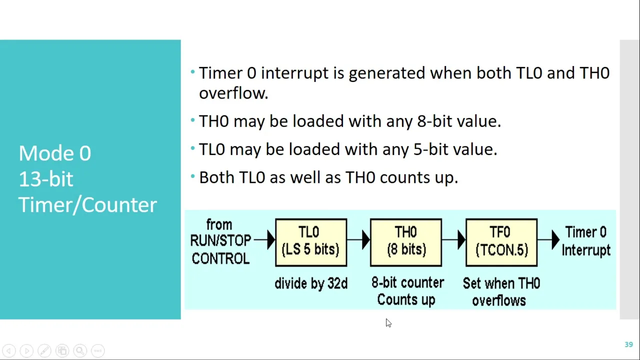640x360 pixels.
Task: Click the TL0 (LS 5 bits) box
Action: click(311, 242)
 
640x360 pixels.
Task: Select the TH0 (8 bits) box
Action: click(406, 242)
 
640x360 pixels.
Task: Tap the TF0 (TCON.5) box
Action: click(501, 242)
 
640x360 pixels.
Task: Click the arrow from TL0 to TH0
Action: click(358, 239)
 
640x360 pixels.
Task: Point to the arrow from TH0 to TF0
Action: click(453, 239)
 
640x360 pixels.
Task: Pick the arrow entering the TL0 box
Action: click(264, 239)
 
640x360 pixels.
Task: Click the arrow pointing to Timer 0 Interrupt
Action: click(548, 239)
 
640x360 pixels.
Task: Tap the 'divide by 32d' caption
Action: click(311, 283)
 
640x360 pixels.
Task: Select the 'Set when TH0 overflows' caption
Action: click(501, 291)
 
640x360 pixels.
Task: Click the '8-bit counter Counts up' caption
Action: click(407, 291)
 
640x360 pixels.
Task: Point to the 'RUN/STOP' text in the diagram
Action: click(220, 240)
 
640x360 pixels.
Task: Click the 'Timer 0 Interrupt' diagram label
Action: click(586, 241)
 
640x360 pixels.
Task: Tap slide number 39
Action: click(628, 344)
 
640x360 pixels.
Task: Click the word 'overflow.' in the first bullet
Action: click(233, 93)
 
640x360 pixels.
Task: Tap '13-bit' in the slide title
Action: click(46, 179)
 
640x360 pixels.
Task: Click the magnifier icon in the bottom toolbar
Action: click(80, 350)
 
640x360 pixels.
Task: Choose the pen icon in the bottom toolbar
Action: click(44, 350)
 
